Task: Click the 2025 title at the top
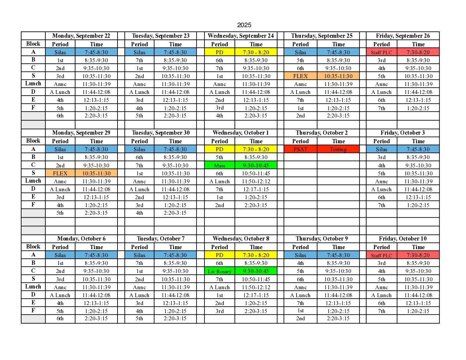pos(244,25)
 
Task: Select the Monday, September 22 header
pos(81,36)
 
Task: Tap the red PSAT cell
pos(300,149)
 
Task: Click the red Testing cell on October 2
pos(338,149)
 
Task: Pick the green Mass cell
pos(219,165)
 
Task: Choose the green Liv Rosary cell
pos(219,271)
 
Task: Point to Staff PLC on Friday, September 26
pos(381,52)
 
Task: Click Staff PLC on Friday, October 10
pos(381,255)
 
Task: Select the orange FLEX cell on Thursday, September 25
pos(300,76)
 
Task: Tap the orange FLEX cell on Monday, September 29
pos(60,173)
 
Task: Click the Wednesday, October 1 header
pos(241,133)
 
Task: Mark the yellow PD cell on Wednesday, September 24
pos(219,52)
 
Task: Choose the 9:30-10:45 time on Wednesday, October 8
pos(256,271)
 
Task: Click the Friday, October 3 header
pos(402,133)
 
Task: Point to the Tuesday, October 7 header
pos(161,239)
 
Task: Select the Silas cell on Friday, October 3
pos(381,149)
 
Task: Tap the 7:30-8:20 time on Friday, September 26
pos(418,52)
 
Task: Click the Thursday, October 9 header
pos(321,239)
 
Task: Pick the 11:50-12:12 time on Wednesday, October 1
pos(256,181)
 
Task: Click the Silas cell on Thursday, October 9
pos(300,255)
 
